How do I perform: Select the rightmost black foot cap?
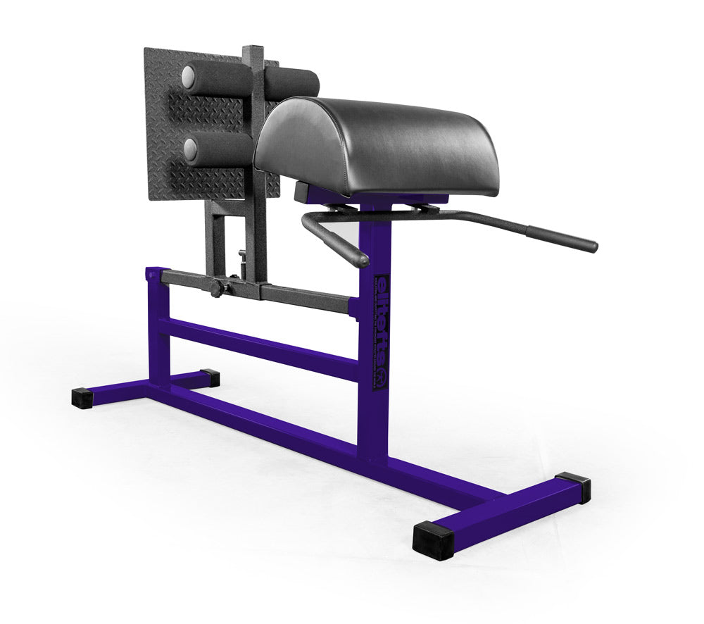coord(574,487)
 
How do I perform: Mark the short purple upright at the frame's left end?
coord(158,324)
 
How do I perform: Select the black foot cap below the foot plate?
coord(209,378)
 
